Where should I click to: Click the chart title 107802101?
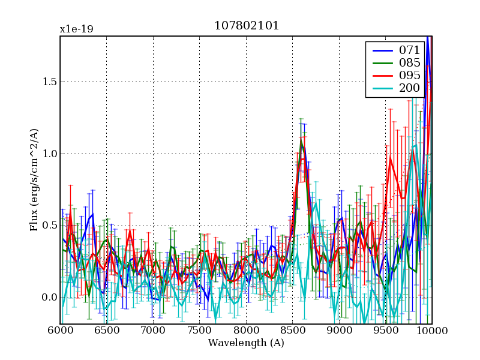247,26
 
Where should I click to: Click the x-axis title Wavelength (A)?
246,343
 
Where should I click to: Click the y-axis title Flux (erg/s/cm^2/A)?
34,179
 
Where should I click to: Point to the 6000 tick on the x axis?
60,331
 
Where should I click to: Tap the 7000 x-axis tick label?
153,331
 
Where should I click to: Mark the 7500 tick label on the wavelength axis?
200,331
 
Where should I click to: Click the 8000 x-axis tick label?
246,331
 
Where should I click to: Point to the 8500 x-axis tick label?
293,331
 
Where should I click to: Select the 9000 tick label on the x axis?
339,331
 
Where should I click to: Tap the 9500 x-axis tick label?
386,331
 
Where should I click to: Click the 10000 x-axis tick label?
431,331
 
